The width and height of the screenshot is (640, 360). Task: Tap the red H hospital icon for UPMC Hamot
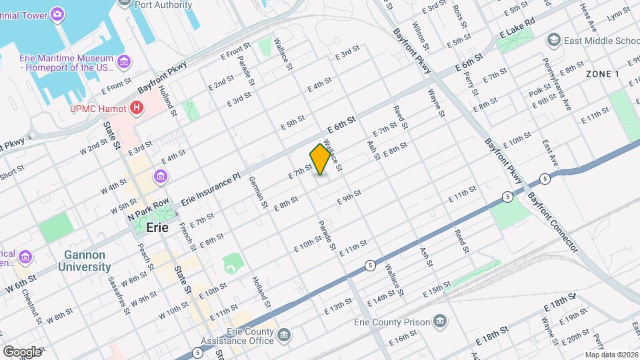coord(137,107)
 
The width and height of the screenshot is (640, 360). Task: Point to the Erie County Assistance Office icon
coord(285,334)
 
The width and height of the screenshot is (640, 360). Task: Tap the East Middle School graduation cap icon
coord(553,41)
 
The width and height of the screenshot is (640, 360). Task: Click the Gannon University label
coord(88,261)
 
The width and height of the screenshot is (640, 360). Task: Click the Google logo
coord(21,351)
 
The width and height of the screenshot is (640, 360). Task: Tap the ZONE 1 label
coord(603,73)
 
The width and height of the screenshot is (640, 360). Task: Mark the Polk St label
coord(539,90)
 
